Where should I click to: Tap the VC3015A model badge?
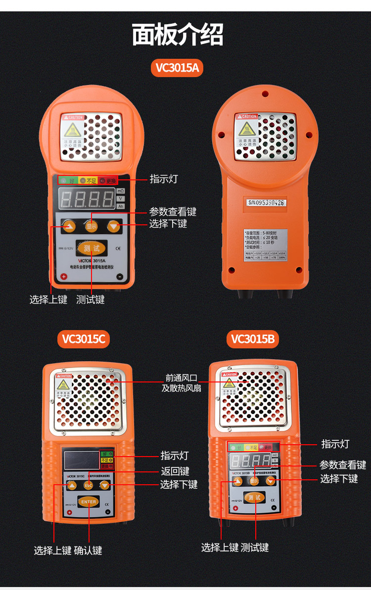[x=177, y=68]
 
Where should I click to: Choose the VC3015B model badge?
[x=252, y=339]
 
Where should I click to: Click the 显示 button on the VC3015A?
[x=92, y=226]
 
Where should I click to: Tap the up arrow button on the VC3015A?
[x=69, y=226]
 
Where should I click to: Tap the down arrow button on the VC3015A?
[x=114, y=226]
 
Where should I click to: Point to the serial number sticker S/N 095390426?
[x=266, y=202]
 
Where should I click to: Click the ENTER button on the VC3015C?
[x=89, y=502]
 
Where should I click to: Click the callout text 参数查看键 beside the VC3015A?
[x=173, y=212]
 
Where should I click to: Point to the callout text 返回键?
[x=175, y=471]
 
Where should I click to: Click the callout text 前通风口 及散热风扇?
[x=181, y=383]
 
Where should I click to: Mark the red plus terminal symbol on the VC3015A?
[x=63, y=276]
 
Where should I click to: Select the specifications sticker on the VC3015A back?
[x=265, y=245]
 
